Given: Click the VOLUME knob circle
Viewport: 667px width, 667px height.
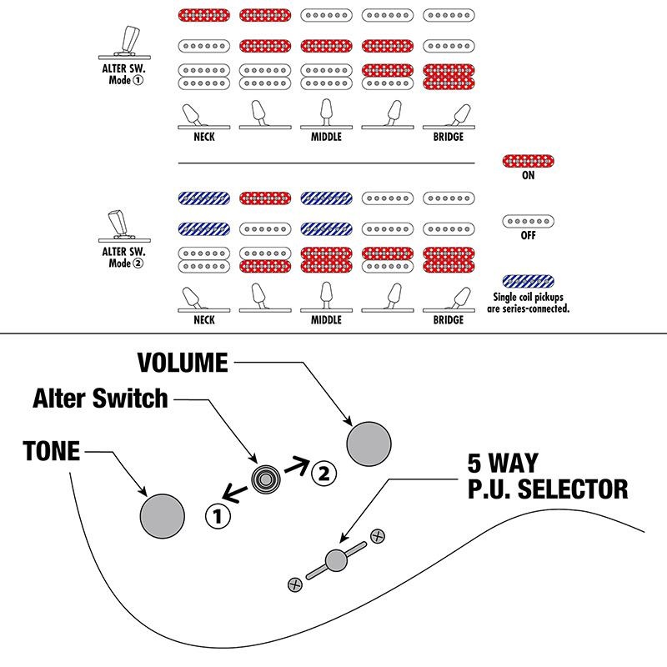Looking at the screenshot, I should click(x=369, y=443).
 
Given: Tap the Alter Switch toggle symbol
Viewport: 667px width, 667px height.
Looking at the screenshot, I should click(x=266, y=479).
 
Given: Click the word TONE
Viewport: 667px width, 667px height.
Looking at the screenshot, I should click(x=52, y=452).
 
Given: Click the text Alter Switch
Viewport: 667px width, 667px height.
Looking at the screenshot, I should click(x=100, y=399).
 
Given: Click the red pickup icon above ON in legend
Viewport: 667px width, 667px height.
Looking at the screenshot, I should click(x=529, y=161).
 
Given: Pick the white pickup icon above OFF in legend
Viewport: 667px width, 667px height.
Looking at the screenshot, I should click(x=529, y=221).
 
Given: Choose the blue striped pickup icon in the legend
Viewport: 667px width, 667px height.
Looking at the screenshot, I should click(x=529, y=281).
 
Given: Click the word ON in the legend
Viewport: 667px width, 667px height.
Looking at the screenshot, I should click(x=529, y=177).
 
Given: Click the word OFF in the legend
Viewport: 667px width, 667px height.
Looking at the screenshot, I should click(x=529, y=236).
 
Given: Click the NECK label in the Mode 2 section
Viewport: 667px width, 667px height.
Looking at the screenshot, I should click(x=203, y=319).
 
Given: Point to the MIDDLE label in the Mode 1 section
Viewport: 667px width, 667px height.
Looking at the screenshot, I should click(x=326, y=137).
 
